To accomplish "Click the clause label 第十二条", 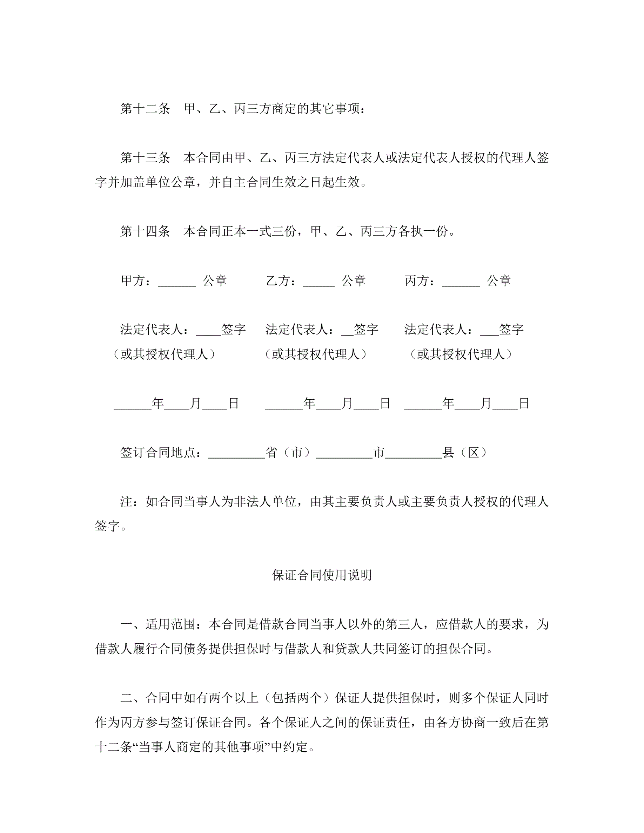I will pos(145,109).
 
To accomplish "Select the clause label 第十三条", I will pos(145,158).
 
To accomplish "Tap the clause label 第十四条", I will pos(145,231).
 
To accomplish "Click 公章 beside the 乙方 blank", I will pos(353,281).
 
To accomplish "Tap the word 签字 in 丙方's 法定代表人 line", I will pos(511,330).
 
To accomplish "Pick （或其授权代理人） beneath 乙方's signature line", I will pos(316,355).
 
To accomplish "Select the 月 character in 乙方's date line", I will pos(347,404).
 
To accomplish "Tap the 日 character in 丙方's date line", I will pos(524,404).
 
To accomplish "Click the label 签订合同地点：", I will pos(164,453).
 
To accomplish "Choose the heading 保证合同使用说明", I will pos(322,576).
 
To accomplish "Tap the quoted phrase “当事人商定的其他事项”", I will pos(201,747).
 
